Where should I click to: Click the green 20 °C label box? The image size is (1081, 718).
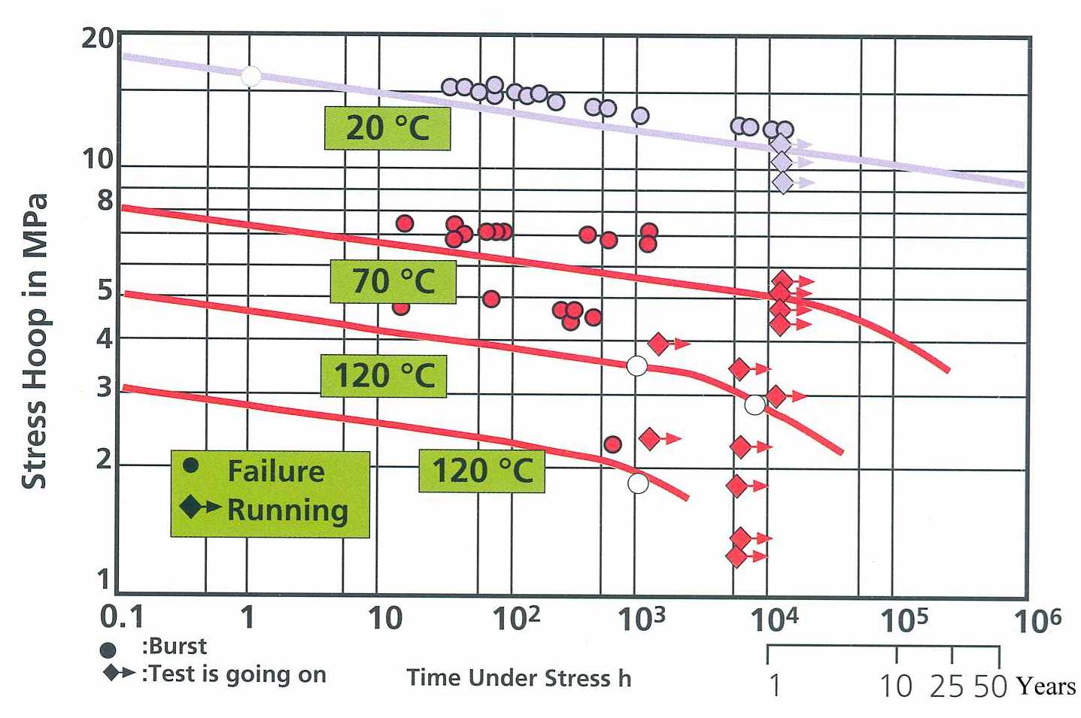pos(387,128)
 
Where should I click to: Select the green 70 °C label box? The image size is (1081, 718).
pos(393,282)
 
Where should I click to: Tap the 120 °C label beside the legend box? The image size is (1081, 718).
pos(481,471)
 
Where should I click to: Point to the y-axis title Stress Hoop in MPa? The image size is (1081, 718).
pos(35,342)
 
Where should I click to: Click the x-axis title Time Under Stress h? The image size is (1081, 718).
pos(519,678)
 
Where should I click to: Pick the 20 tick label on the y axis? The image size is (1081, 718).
pos(97,38)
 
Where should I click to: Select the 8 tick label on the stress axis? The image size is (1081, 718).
pos(105,201)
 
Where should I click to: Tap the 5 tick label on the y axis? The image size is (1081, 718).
pos(105,290)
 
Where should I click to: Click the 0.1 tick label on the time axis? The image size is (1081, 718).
pos(121,617)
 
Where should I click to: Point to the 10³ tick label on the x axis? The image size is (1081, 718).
pos(641,619)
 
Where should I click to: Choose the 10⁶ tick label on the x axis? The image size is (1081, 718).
pos(1037,620)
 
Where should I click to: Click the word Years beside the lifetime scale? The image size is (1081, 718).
pos(1046,686)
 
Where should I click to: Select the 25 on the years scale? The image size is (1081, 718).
pos(946,686)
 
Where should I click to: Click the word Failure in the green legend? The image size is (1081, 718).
pos(276,471)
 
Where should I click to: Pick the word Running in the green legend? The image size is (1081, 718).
pos(287,510)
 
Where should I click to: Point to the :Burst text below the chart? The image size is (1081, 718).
pos(174,647)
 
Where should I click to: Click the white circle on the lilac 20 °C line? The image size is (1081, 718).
pos(251,77)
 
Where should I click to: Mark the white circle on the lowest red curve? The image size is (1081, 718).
pos(638,483)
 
